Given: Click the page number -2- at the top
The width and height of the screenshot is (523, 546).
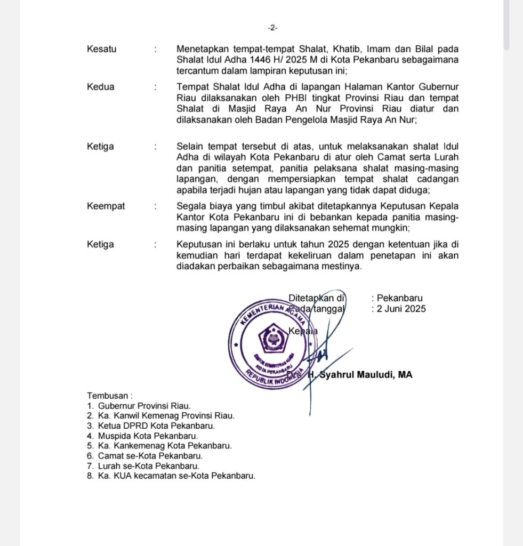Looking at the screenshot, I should point(272,28).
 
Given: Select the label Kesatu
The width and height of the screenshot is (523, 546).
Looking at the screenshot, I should point(101,49).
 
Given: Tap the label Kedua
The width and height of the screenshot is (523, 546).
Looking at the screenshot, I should point(101,87).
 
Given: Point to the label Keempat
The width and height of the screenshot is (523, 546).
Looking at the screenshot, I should point(106,206).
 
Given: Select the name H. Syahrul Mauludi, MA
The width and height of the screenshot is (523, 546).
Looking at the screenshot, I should point(360,375).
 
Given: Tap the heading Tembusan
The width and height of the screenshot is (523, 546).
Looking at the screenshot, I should point(110,396).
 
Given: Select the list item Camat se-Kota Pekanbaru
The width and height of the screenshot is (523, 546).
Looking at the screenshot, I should point(150,456).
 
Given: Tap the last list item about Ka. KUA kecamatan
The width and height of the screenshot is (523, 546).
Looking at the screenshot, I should point(176,476).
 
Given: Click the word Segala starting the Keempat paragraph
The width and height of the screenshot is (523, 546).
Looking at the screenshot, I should point(190,206).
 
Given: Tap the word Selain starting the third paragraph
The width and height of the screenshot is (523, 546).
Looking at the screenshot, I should point(189,146).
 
